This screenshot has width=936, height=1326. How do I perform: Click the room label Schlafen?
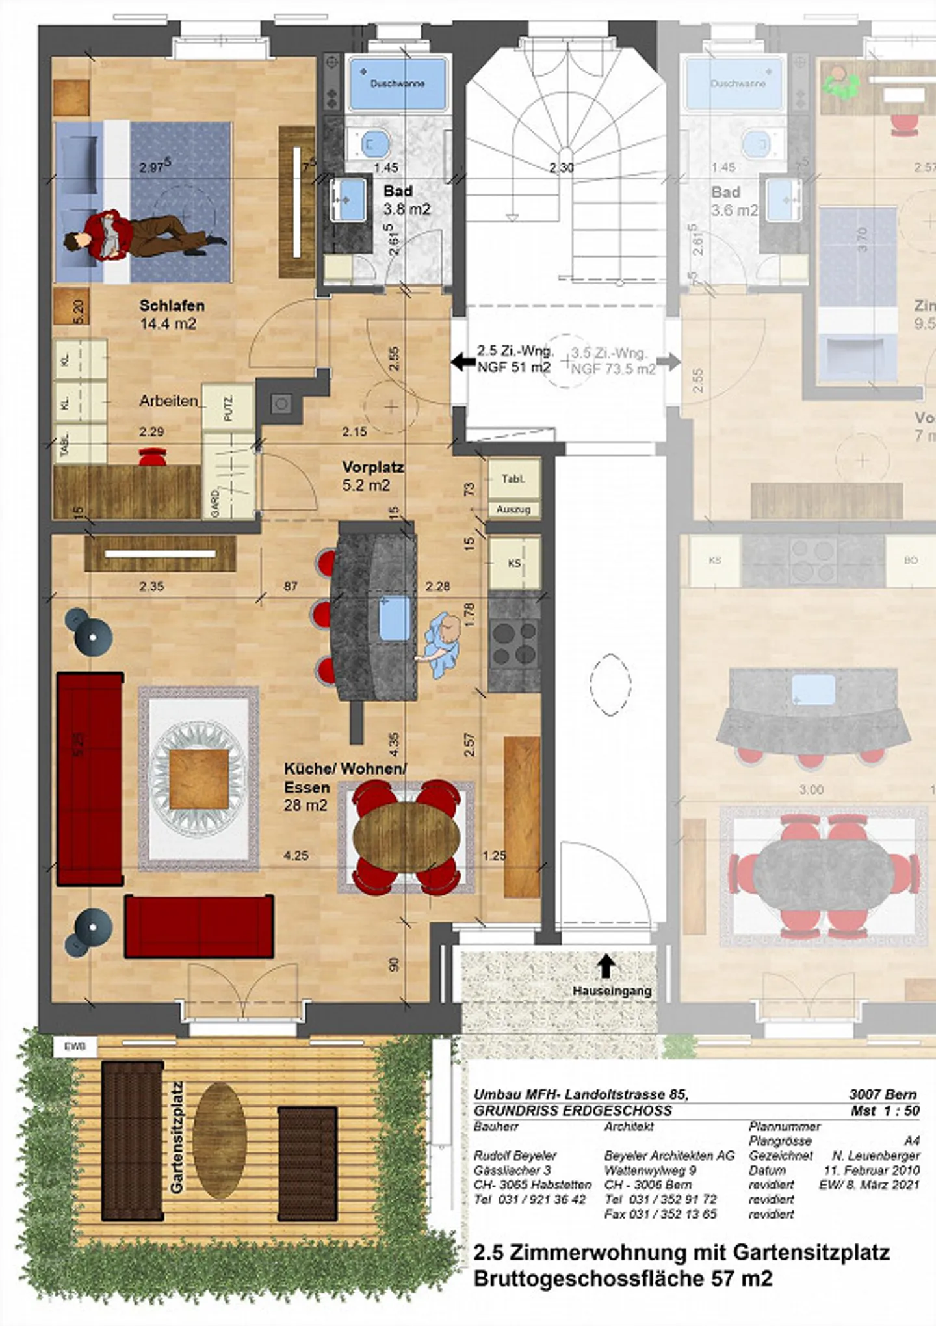[x=172, y=306]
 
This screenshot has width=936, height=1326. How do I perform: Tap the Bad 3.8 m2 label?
[x=406, y=200]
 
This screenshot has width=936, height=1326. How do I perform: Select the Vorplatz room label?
[x=372, y=467]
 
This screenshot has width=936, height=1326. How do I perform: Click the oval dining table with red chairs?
[x=406, y=836]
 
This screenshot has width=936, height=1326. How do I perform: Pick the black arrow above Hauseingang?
[x=606, y=966]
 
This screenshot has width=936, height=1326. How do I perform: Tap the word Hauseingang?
[x=612, y=991]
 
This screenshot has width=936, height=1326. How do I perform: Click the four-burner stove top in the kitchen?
[x=513, y=644]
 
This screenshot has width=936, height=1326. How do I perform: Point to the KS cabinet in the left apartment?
[x=514, y=563]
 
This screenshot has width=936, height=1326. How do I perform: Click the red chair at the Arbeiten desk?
[x=153, y=457]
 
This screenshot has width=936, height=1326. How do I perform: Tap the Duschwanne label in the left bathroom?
[x=397, y=83]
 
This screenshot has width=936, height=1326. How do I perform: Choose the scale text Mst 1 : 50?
[x=885, y=1111]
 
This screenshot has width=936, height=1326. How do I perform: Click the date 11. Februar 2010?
[x=872, y=1171]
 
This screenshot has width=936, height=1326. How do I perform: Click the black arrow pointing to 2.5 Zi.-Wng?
[x=463, y=362]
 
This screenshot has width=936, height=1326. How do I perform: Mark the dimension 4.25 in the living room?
[x=296, y=856]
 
